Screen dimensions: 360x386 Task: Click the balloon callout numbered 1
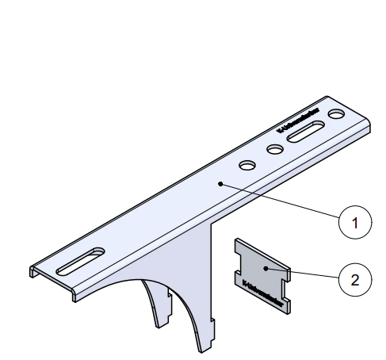coord(355,223)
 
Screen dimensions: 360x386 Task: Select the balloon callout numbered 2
coord(355,279)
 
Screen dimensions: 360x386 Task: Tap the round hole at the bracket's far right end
coord(337,116)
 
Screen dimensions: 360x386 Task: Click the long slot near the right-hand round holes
coord(305,133)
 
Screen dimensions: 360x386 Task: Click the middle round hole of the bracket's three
coord(274,149)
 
